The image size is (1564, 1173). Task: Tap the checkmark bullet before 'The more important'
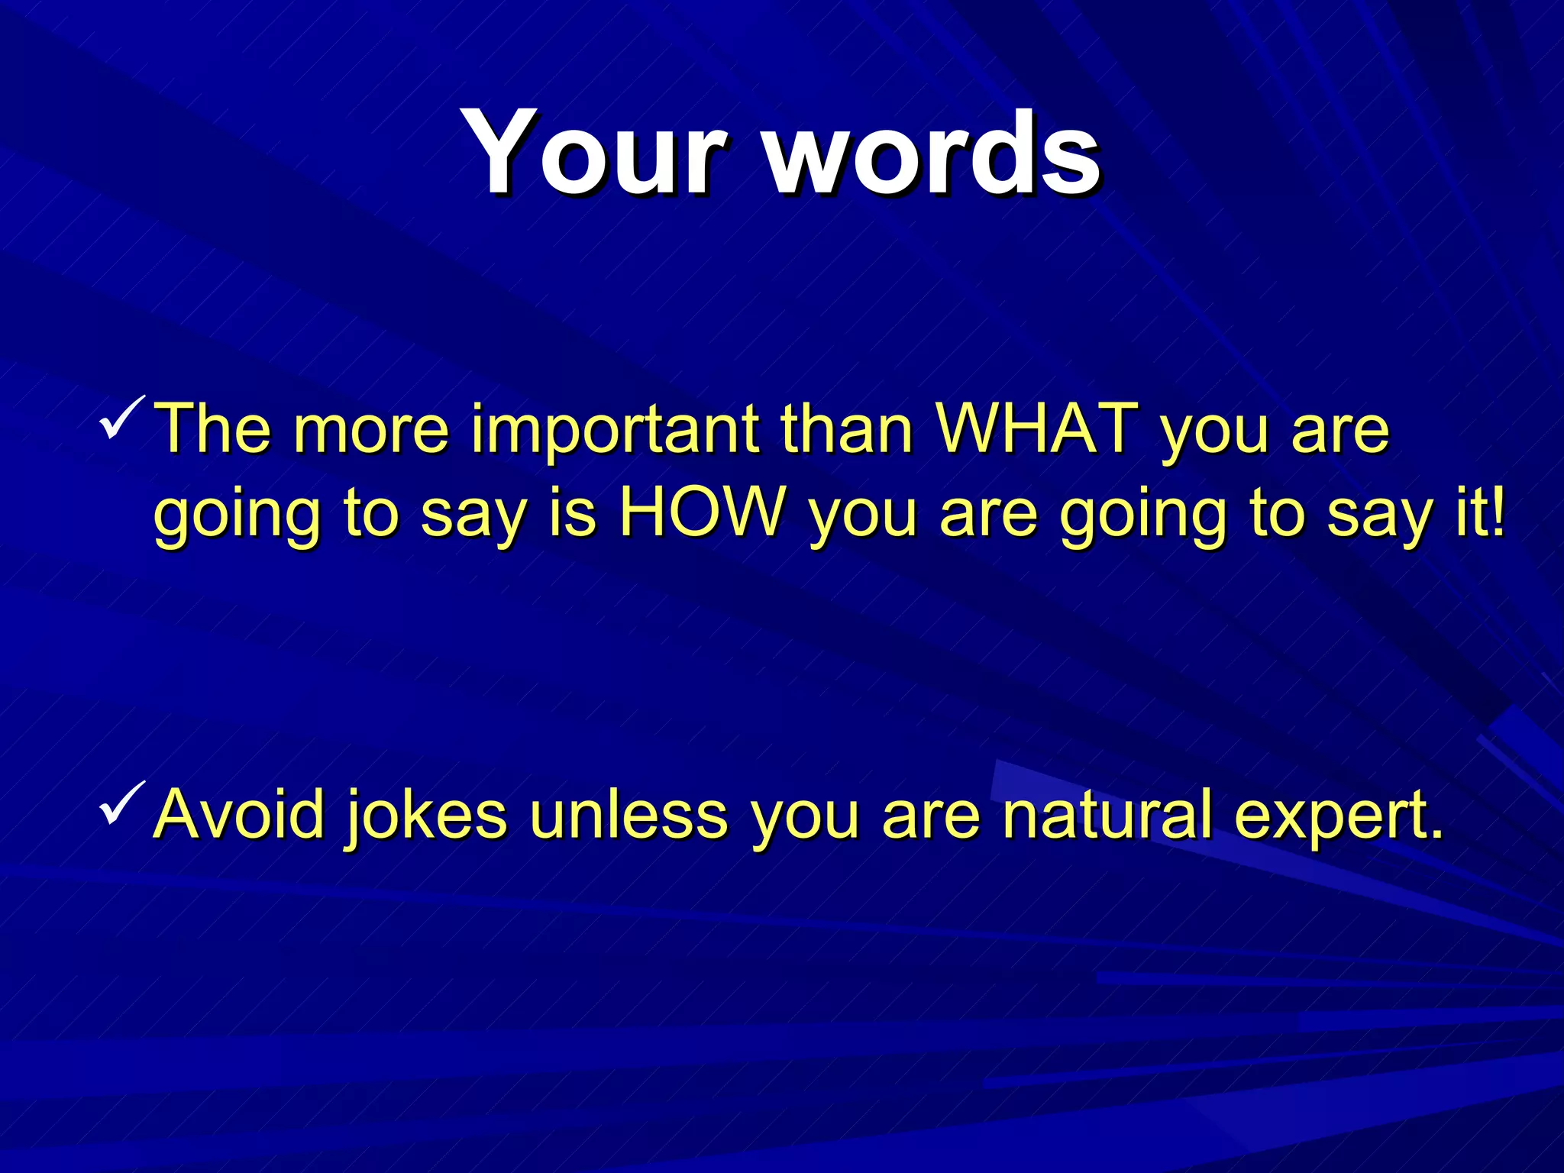(x=122, y=417)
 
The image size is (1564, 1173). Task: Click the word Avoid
(x=241, y=814)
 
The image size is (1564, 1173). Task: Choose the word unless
(x=629, y=814)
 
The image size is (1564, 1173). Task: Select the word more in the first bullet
(x=372, y=431)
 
